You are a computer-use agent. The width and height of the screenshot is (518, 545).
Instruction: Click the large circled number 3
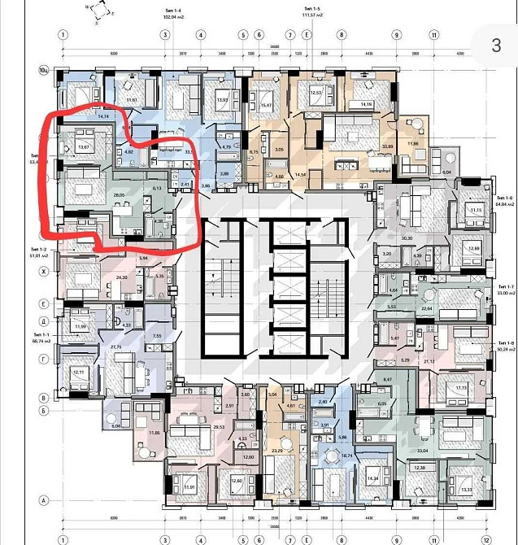pyautogui.click(x=496, y=46)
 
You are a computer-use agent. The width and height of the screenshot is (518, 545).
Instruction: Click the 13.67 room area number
pyautogui.click(x=82, y=146)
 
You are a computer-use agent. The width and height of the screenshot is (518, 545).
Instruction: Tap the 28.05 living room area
pyautogui.click(x=119, y=196)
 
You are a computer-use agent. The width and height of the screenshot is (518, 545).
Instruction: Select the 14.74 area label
pyautogui.click(x=103, y=117)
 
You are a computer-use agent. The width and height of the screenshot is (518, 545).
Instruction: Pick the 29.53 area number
pyautogui.click(x=217, y=425)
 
